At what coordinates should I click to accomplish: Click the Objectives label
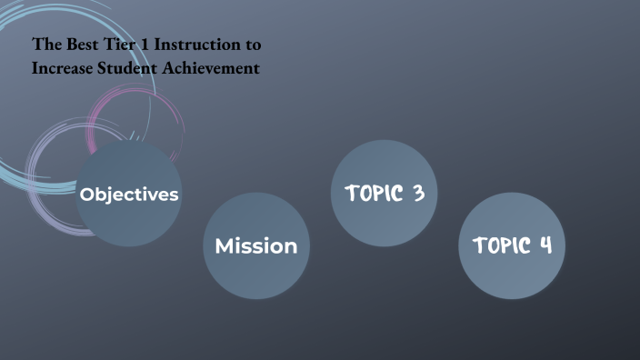tap(129, 195)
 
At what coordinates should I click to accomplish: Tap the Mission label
tap(256, 245)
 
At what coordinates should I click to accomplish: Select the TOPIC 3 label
tap(385, 193)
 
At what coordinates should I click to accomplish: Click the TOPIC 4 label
tap(512, 245)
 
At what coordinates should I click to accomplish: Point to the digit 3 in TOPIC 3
tap(418, 193)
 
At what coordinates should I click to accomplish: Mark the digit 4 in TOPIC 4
tap(545, 245)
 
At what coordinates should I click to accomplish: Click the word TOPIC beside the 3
tap(373, 193)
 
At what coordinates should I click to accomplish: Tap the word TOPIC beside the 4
tap(500, 245)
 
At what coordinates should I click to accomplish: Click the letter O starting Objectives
tap(87, 195)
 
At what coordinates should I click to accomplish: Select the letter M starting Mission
tap(224, 245)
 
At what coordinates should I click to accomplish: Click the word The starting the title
tap(45, 44)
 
